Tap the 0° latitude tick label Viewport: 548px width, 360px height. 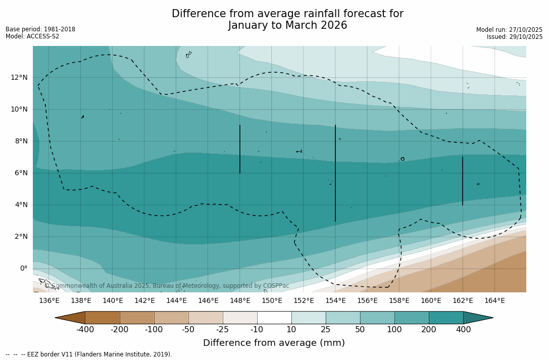tap(23, 269)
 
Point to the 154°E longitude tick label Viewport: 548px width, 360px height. tap(335, 301)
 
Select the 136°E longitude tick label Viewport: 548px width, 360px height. tap(49, 301)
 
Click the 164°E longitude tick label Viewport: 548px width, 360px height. tap(494, 301)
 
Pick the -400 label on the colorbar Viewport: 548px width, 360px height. tap(85, 330)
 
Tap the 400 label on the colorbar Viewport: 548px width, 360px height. tap(463, 330)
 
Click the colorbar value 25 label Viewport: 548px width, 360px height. tap(326, 330)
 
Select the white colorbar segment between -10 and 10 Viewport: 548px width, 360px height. tap(274, 318)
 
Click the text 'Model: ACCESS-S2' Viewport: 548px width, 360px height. tap(32, 36)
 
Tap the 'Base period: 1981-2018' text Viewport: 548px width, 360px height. tap(40, 29)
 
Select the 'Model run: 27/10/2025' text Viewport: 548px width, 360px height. tap(509, 30)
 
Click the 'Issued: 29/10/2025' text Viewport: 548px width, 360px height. tap(515, 37)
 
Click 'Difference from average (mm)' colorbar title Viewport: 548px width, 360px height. tap(274, 343)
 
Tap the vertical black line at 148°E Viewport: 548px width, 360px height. tap(240, 149)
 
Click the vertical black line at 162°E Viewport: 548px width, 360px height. tap(463, 181)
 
